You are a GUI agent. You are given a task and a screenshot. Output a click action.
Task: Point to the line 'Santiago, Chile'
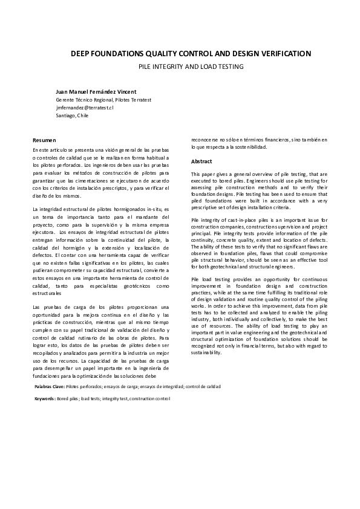click(x=72, y=115)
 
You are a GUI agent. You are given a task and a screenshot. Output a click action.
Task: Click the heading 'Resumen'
click(x=44, y=140)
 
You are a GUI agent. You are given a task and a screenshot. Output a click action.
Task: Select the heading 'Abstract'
click(x=201, y=162)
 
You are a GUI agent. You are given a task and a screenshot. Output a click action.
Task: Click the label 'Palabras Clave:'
click(x=50, y=386)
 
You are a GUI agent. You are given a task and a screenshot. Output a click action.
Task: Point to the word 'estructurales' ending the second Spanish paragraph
click(x=47, y=293)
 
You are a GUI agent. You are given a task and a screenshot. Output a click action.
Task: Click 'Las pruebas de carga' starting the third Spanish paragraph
click(x=56, y=307)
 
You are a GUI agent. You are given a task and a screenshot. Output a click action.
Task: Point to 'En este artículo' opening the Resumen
click(x=51, y=149)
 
